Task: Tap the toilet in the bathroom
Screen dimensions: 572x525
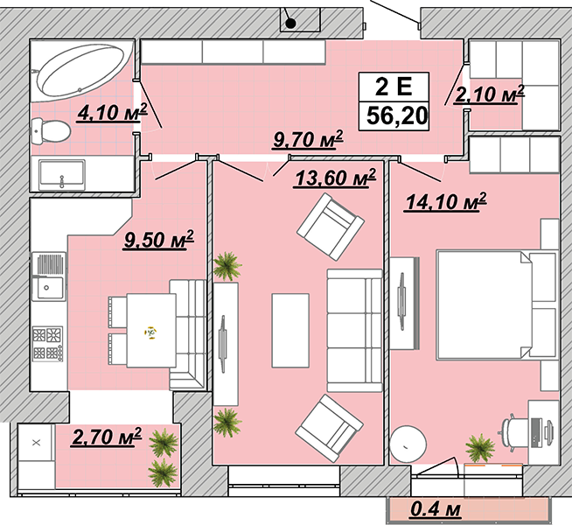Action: click(51, 130)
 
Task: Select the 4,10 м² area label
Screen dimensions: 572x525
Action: click(112, 113)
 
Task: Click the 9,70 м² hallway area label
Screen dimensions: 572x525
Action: click(308, 140)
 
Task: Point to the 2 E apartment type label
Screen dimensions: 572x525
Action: click(394, 87)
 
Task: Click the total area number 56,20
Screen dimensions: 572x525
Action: click(397, 115)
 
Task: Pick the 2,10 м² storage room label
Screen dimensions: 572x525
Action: click(489, 94)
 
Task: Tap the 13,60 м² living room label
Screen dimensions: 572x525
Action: click(335, 178)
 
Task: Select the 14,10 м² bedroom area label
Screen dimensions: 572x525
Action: click(445, 201)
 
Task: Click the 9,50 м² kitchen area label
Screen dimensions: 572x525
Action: click(158, 240)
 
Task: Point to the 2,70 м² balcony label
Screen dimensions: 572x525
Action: click(107, 437)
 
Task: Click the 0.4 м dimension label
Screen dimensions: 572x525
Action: click(436, 509)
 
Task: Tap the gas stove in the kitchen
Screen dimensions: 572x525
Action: click(48, 343)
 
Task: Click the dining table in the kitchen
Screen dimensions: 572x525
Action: click(151, 331)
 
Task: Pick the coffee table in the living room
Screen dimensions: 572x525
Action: click(290, 331)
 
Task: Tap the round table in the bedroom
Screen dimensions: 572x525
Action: click(408, 444)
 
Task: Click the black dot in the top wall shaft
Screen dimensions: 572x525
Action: click(290, 24)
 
